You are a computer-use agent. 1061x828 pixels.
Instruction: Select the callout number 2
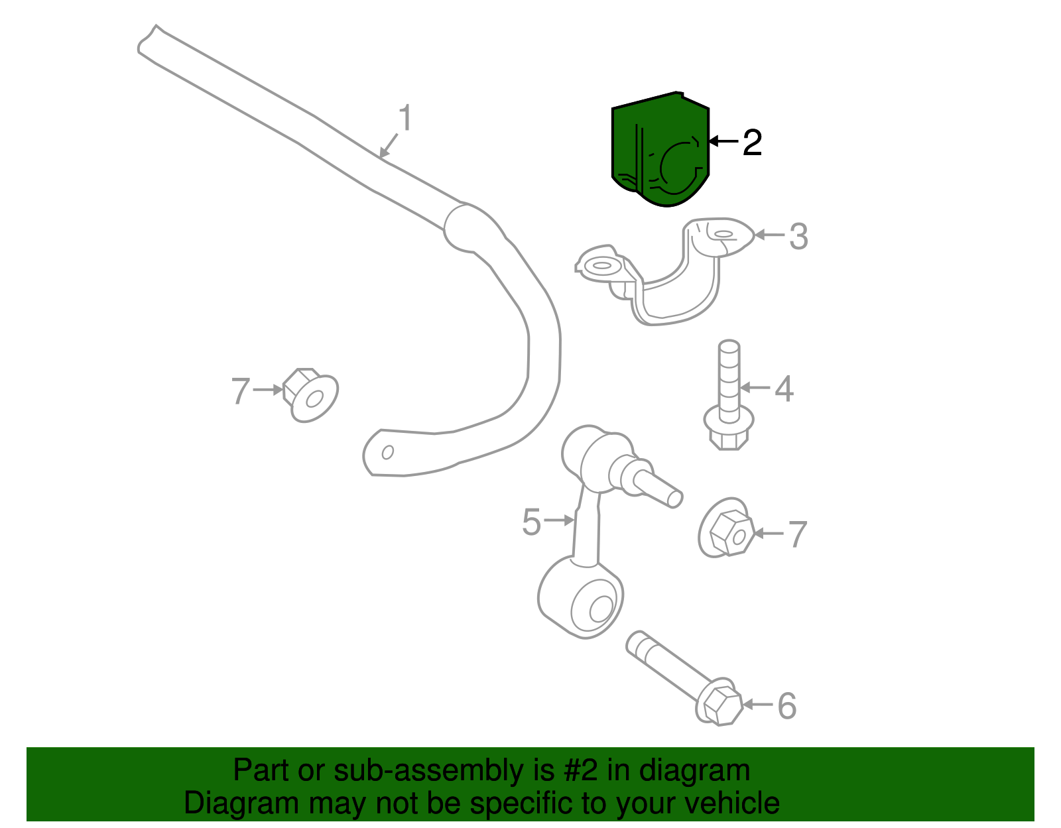coord(752,143)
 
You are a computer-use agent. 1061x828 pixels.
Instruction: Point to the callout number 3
coord(799,237)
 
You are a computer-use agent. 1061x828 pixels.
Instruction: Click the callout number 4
coord(784,389)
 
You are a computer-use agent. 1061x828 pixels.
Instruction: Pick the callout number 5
coord(532,522)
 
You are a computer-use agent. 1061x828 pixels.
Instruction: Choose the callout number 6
coord(787,706)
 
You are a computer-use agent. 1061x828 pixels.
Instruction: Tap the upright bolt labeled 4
coord(729,394)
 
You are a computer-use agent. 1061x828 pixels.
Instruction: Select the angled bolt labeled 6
coord(684,679)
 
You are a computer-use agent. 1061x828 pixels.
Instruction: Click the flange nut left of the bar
coord(311,394)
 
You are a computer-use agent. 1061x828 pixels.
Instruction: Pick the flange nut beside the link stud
coord(727,528)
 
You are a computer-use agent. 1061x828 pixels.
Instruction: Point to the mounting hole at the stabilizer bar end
coord(388,452)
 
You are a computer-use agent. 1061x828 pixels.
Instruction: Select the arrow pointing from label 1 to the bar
coord(389,145)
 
